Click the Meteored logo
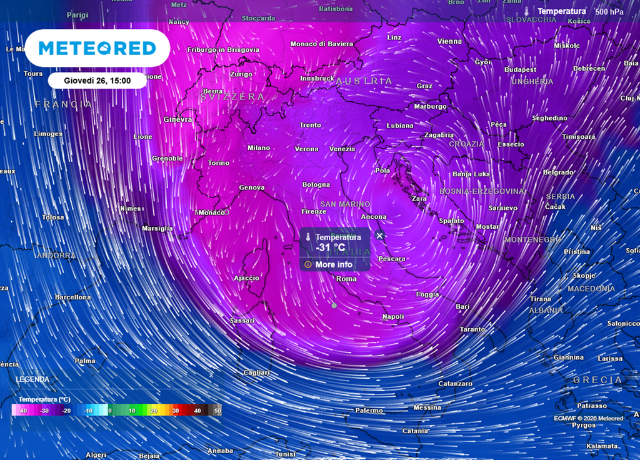pos(97,48)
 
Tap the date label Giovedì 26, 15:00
pos(97,80)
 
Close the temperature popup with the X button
pos(379,236)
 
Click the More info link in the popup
pos(329,264)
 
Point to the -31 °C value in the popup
pos(331,247)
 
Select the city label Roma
pos(346,279)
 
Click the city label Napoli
pos(393,317)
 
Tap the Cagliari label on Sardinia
pos(256,373)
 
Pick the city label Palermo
pos(369,411)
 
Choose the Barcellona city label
pos(72,297)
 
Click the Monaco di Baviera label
pos(322,44)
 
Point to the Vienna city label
pos(449,41)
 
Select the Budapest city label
pos(521,69)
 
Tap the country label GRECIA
pos(597,380)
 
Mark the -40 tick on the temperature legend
pos(24,411)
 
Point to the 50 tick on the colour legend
pos(217,411)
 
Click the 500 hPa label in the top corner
pos(609,11)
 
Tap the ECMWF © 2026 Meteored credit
pos(588,418)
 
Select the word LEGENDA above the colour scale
pos(32,379)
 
